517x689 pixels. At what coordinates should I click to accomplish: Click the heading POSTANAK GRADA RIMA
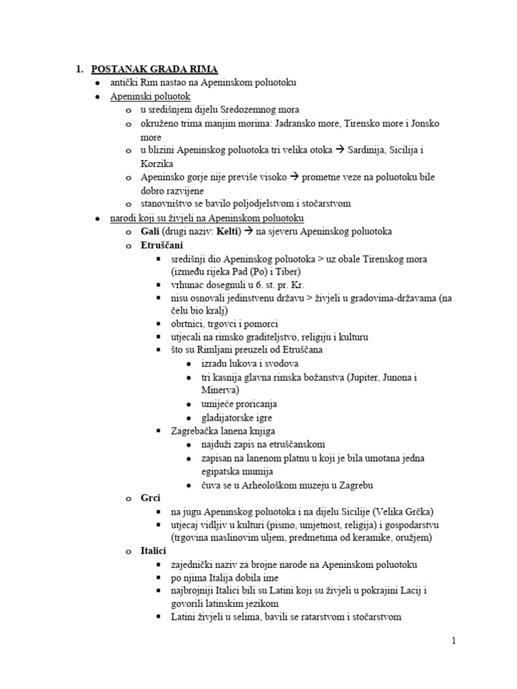(154, 69)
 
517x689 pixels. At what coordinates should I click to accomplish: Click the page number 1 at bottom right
(454, 641)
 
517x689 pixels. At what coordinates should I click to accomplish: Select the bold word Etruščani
(162, 245)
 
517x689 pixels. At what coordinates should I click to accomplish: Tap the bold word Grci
(150, 498)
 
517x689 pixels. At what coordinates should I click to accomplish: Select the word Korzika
(157, 164)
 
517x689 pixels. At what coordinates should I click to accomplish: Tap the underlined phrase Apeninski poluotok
(151, 96)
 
